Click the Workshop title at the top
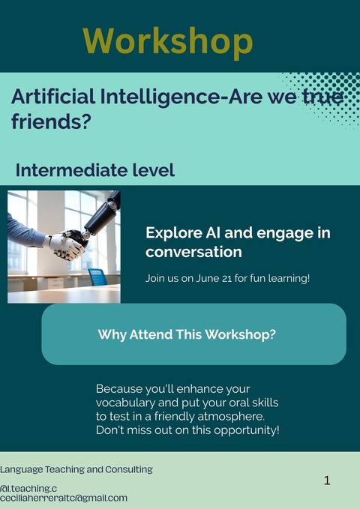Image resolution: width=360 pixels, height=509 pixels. pyautogui.click(x=167, y=40)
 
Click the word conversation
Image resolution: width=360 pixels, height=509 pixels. pyautogui.click(x=193, y=252)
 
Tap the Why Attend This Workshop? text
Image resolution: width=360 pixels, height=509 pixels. pyautogui.click(x=187, y=334)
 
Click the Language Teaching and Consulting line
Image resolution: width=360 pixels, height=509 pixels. pyautogui.click(x=76, y=469)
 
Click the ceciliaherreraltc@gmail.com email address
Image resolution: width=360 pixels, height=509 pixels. pyautogui.click(x=64, y=498)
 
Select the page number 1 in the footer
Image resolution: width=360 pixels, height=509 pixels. pyautogui.click(x=327, y=481)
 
